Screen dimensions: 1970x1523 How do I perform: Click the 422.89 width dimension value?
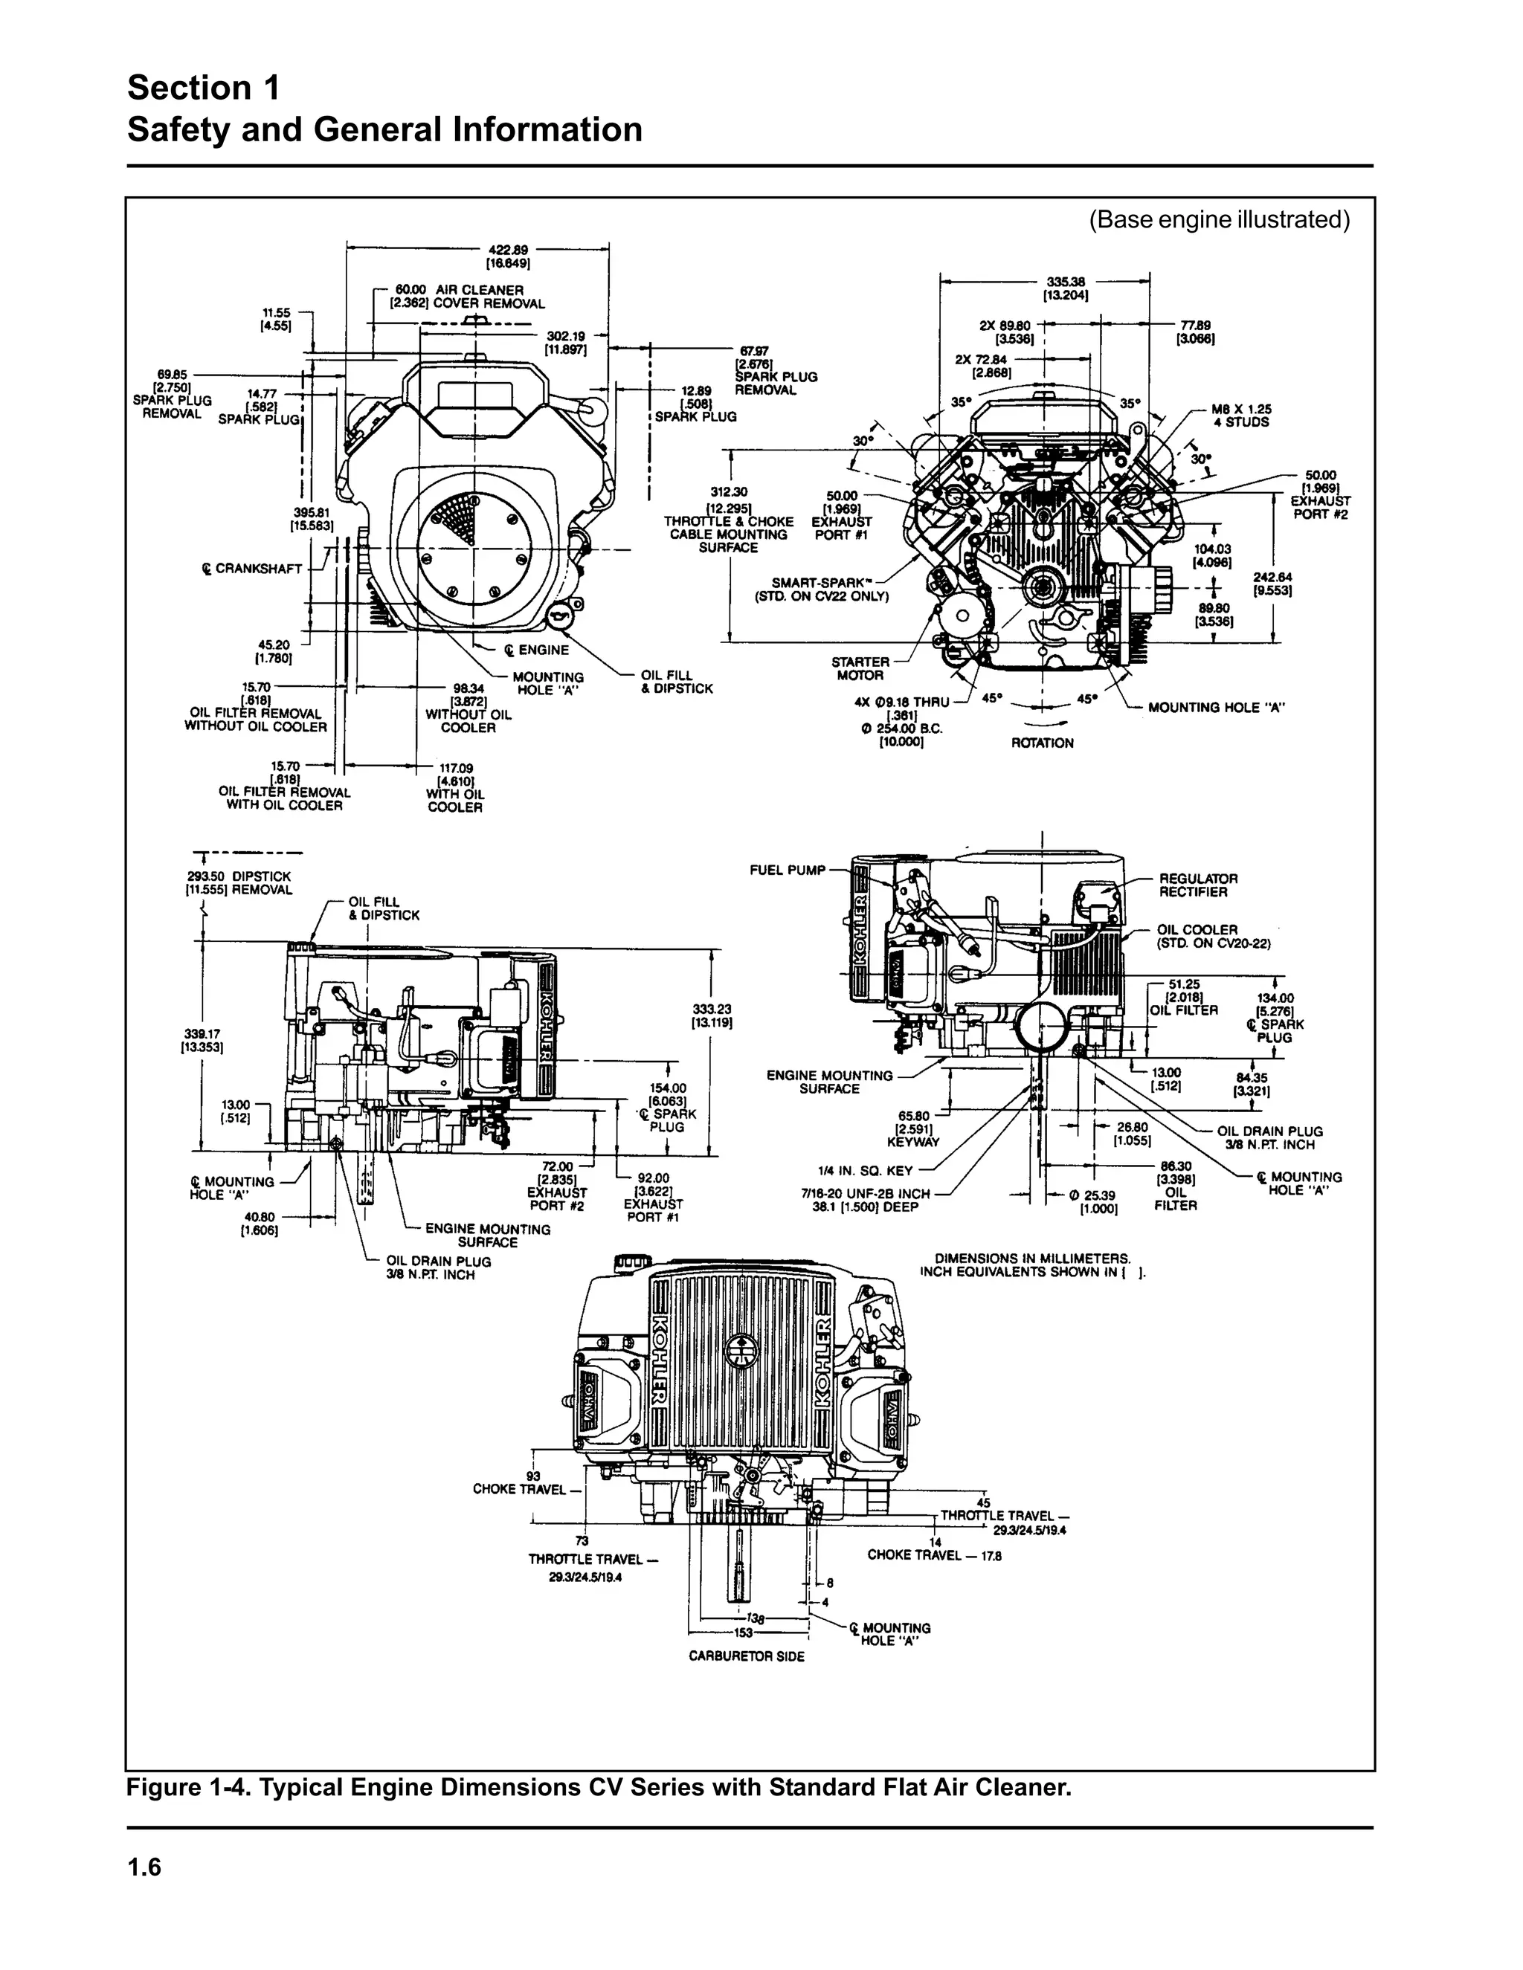(x=509, y=251)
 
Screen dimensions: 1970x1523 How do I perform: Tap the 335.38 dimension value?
(x=1065, y=282)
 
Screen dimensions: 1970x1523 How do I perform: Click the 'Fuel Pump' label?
(x=788, y=870)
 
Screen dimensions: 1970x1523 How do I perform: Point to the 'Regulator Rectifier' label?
(x=1198, y=885)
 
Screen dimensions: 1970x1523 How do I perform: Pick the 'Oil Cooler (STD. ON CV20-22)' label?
(x=1213, y=936)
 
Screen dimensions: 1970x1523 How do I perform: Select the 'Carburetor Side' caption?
(x=746, y=1656)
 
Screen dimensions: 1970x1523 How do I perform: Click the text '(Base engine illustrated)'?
(x=1219, y=219)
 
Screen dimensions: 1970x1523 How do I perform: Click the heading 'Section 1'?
(x=204, y=88)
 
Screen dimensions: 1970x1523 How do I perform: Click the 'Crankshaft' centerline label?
(x=252, y=569)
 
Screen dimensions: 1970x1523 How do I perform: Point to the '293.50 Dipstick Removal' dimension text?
(x=238, y=883)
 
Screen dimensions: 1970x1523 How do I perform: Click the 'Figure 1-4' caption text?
(x=598, y=1787)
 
